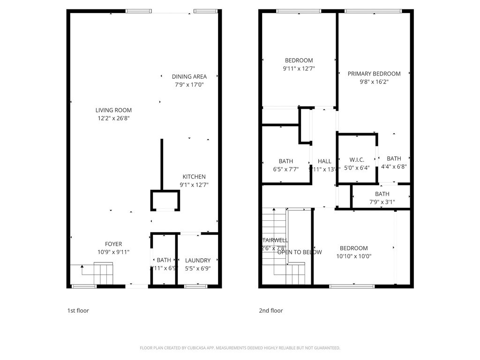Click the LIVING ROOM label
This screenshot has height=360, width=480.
pos(113,110)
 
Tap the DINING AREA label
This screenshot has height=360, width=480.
pos(189,76)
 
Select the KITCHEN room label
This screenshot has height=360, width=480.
pos(194,177)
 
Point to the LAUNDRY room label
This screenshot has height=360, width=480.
pos(198,260)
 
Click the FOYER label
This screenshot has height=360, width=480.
pos(113,244)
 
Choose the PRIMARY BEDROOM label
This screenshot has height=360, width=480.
pos(374,74)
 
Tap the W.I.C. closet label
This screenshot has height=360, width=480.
pos(357,159)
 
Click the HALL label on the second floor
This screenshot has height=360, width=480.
pos(324,161)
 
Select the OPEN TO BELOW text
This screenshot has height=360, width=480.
pos(300,252)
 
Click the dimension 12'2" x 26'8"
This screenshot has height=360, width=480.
pos(113,119)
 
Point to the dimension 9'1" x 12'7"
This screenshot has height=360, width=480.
pos(194,185)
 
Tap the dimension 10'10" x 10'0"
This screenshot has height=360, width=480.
pos(354,256)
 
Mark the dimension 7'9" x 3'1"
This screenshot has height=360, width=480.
pos(382,202)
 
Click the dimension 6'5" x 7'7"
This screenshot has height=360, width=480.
pos(285,169)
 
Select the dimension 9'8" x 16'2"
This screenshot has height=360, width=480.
pos(374,82)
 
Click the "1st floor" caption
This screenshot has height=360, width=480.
pos(78,310)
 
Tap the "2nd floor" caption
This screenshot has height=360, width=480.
pos(271,310)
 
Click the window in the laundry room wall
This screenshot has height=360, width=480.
pos(189,286)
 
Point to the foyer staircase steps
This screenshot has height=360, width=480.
pos(104,273)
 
